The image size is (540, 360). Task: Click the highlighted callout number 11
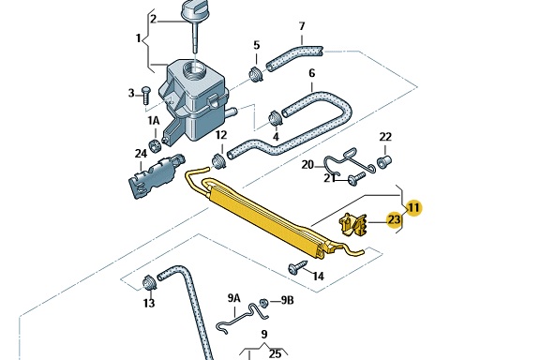pyautogui.click(x=413, y=208)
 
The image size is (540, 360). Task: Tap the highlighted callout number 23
pyautogui.click(x=395, y=219)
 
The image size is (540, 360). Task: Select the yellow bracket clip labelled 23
pyautogui.click(x=352, y=225)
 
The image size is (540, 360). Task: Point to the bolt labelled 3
pyautogui.click(x=146, y=95)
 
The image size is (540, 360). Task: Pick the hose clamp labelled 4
pyautogui.click(x=276, y=118)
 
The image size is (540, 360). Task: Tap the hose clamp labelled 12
pyautogui.click(x=218, y=161)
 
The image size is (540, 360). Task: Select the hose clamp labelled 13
pyautogui.click(x=150, y=283)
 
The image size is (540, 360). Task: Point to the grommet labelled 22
pyautogui.click(x=384, y=161)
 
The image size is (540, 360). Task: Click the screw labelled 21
pyautogui.click(x=356, y=179)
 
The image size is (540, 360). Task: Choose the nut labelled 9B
pyautogui.click(x=264, y=303)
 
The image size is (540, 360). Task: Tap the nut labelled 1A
pyautogui.click(x=155, y=144)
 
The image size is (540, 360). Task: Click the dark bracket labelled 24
pyautogui.click(x=156, y=176)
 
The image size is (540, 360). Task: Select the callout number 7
pyautogui.click(x=302, y=26)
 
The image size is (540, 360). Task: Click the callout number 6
pyautogui.click(x=311, y=73)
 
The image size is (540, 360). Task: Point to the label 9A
pyautogui.click(x=233, y=298)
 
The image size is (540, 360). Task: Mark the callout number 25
pyautogui.click(x=275, y=353)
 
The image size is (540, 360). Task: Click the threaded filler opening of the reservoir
pyautogui.click(x=195, y=71)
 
